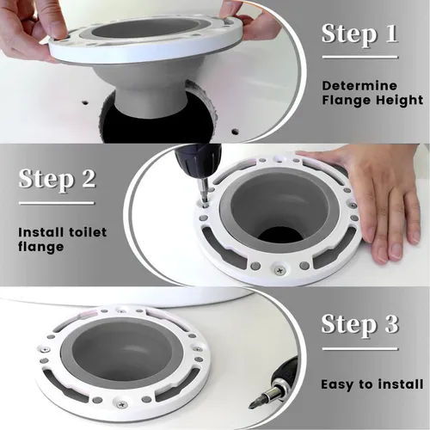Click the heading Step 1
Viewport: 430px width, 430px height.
pyautogui.click(x=359, y=34)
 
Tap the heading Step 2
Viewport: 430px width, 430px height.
pyautogui.click(x=58, y=181)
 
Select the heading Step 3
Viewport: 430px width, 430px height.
pyautogui.click(x=359, y=325)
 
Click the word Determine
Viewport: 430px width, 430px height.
pyautogui.click(x=359, y=86)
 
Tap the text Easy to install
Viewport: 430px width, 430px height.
pyautogui.click(x=371, y=384)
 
